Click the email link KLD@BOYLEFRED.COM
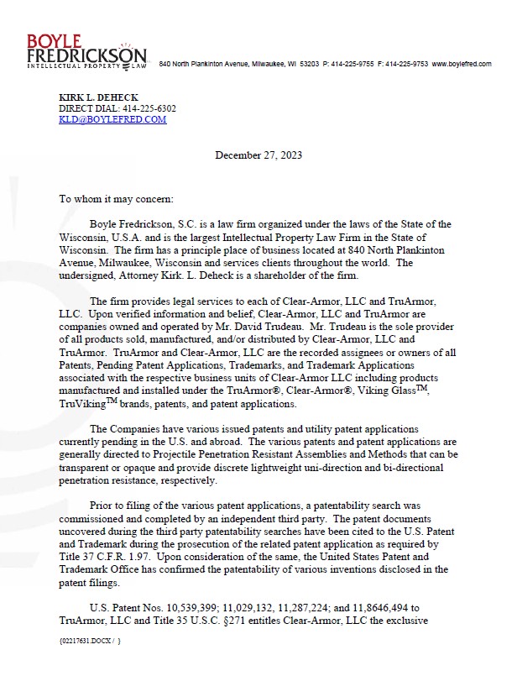(112, 119)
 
